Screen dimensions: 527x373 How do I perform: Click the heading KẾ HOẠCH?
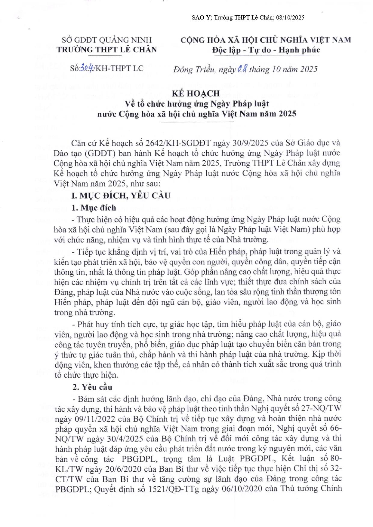pos(196,93)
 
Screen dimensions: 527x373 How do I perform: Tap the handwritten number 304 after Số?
pos(86,69)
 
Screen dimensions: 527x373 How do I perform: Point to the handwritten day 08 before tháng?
pos(242,69)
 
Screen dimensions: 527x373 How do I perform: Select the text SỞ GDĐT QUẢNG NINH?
pos(107,40)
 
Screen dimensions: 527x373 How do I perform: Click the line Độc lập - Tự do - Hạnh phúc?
pos(266,50)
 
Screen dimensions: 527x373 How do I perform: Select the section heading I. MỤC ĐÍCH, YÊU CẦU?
pos(121,196)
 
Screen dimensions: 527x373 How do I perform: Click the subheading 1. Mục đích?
pos(94,208)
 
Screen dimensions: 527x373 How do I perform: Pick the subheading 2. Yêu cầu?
pos(92,387)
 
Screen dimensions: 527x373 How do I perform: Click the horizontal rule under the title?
pos(197,122)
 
